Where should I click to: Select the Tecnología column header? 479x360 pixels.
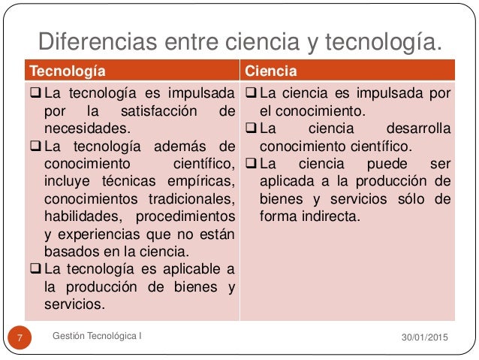point(66,72)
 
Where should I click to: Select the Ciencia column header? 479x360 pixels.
point(272,72)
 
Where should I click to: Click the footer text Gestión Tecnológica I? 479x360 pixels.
point(100,334)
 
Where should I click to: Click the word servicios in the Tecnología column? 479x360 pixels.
point(74,304)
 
